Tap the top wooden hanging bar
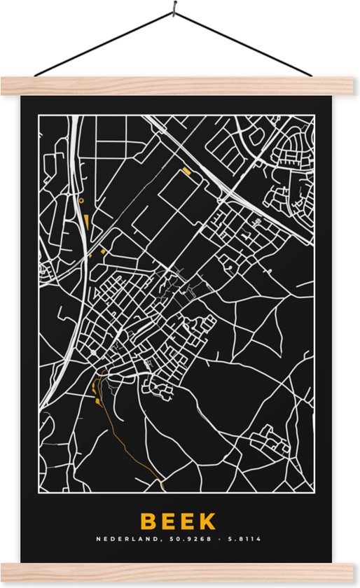click(x=180, y=85)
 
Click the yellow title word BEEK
click(x=178, y=521)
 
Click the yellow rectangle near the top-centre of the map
click(x=186, y=170)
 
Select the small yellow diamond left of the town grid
click(x=102, y=248)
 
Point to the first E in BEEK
click(x=169, y=521)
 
